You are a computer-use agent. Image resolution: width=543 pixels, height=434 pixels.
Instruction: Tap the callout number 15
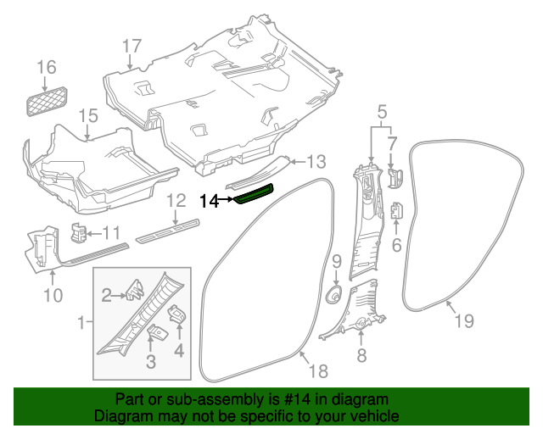[x=89, y=115]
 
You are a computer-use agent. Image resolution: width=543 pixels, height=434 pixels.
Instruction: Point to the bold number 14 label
[x=209, y=201]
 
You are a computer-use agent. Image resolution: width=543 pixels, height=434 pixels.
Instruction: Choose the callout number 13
[x=316, y=161]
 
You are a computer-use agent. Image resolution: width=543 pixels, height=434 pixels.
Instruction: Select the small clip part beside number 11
[x=78, y=231]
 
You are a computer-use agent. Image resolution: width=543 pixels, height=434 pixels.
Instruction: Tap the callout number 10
[x=53, y=295]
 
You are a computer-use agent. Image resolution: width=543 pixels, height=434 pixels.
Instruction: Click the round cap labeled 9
[x=334, y=296]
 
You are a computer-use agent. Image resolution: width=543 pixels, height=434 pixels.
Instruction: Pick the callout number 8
[x=361, y=356]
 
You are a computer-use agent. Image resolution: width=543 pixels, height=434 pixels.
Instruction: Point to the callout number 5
[x=381, y=111]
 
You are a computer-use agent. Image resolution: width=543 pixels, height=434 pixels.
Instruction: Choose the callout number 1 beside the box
[x=81, y=323]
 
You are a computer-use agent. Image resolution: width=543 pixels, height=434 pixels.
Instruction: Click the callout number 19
[x=463, y=320]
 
